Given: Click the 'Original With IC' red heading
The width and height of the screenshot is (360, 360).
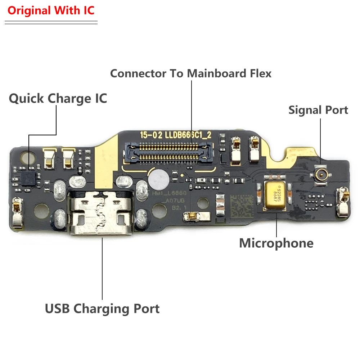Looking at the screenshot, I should pos(51,10).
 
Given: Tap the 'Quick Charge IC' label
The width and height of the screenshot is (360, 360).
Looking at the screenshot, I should pos(58,98).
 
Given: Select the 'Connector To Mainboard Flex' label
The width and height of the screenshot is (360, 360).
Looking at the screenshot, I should pos(190,73).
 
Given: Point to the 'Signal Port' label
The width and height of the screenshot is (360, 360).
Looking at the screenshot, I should pos(318,110).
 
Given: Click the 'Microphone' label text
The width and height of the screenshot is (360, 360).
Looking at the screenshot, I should pos(276,243).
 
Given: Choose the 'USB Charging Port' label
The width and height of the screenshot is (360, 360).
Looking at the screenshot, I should pos(102,309).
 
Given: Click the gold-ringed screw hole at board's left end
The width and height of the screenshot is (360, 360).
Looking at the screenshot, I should pos(26,157).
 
